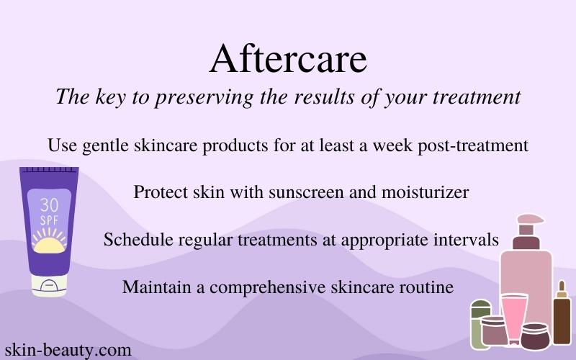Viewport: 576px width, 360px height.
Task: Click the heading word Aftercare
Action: (x=288, y=59)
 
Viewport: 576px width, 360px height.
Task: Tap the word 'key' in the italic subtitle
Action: (x=111, y=97)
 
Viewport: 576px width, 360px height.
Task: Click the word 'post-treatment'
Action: (x=473, y=146)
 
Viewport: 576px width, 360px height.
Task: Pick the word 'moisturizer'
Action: (x=426, y=192)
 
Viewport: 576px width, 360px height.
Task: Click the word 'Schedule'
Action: (x=138, y=240)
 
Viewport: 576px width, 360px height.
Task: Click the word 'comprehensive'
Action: (x=267, y=287)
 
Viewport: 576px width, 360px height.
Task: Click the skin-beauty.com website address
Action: (x=68, y=350)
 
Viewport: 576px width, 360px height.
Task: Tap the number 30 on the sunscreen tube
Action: (x=49, y=205)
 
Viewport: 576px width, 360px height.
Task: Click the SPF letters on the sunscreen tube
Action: (x=49, y=220)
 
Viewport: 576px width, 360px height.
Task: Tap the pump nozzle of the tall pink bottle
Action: (x=529, y=220)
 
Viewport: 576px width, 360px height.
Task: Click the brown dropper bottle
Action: (x=562, y=313)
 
